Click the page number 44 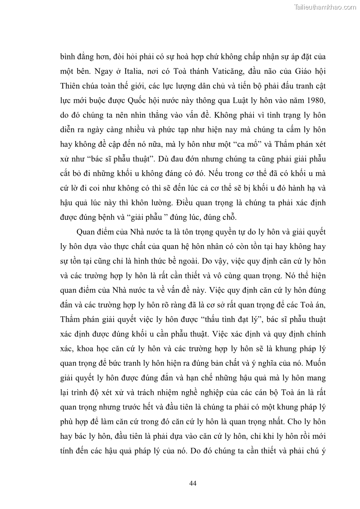coord(192,483)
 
